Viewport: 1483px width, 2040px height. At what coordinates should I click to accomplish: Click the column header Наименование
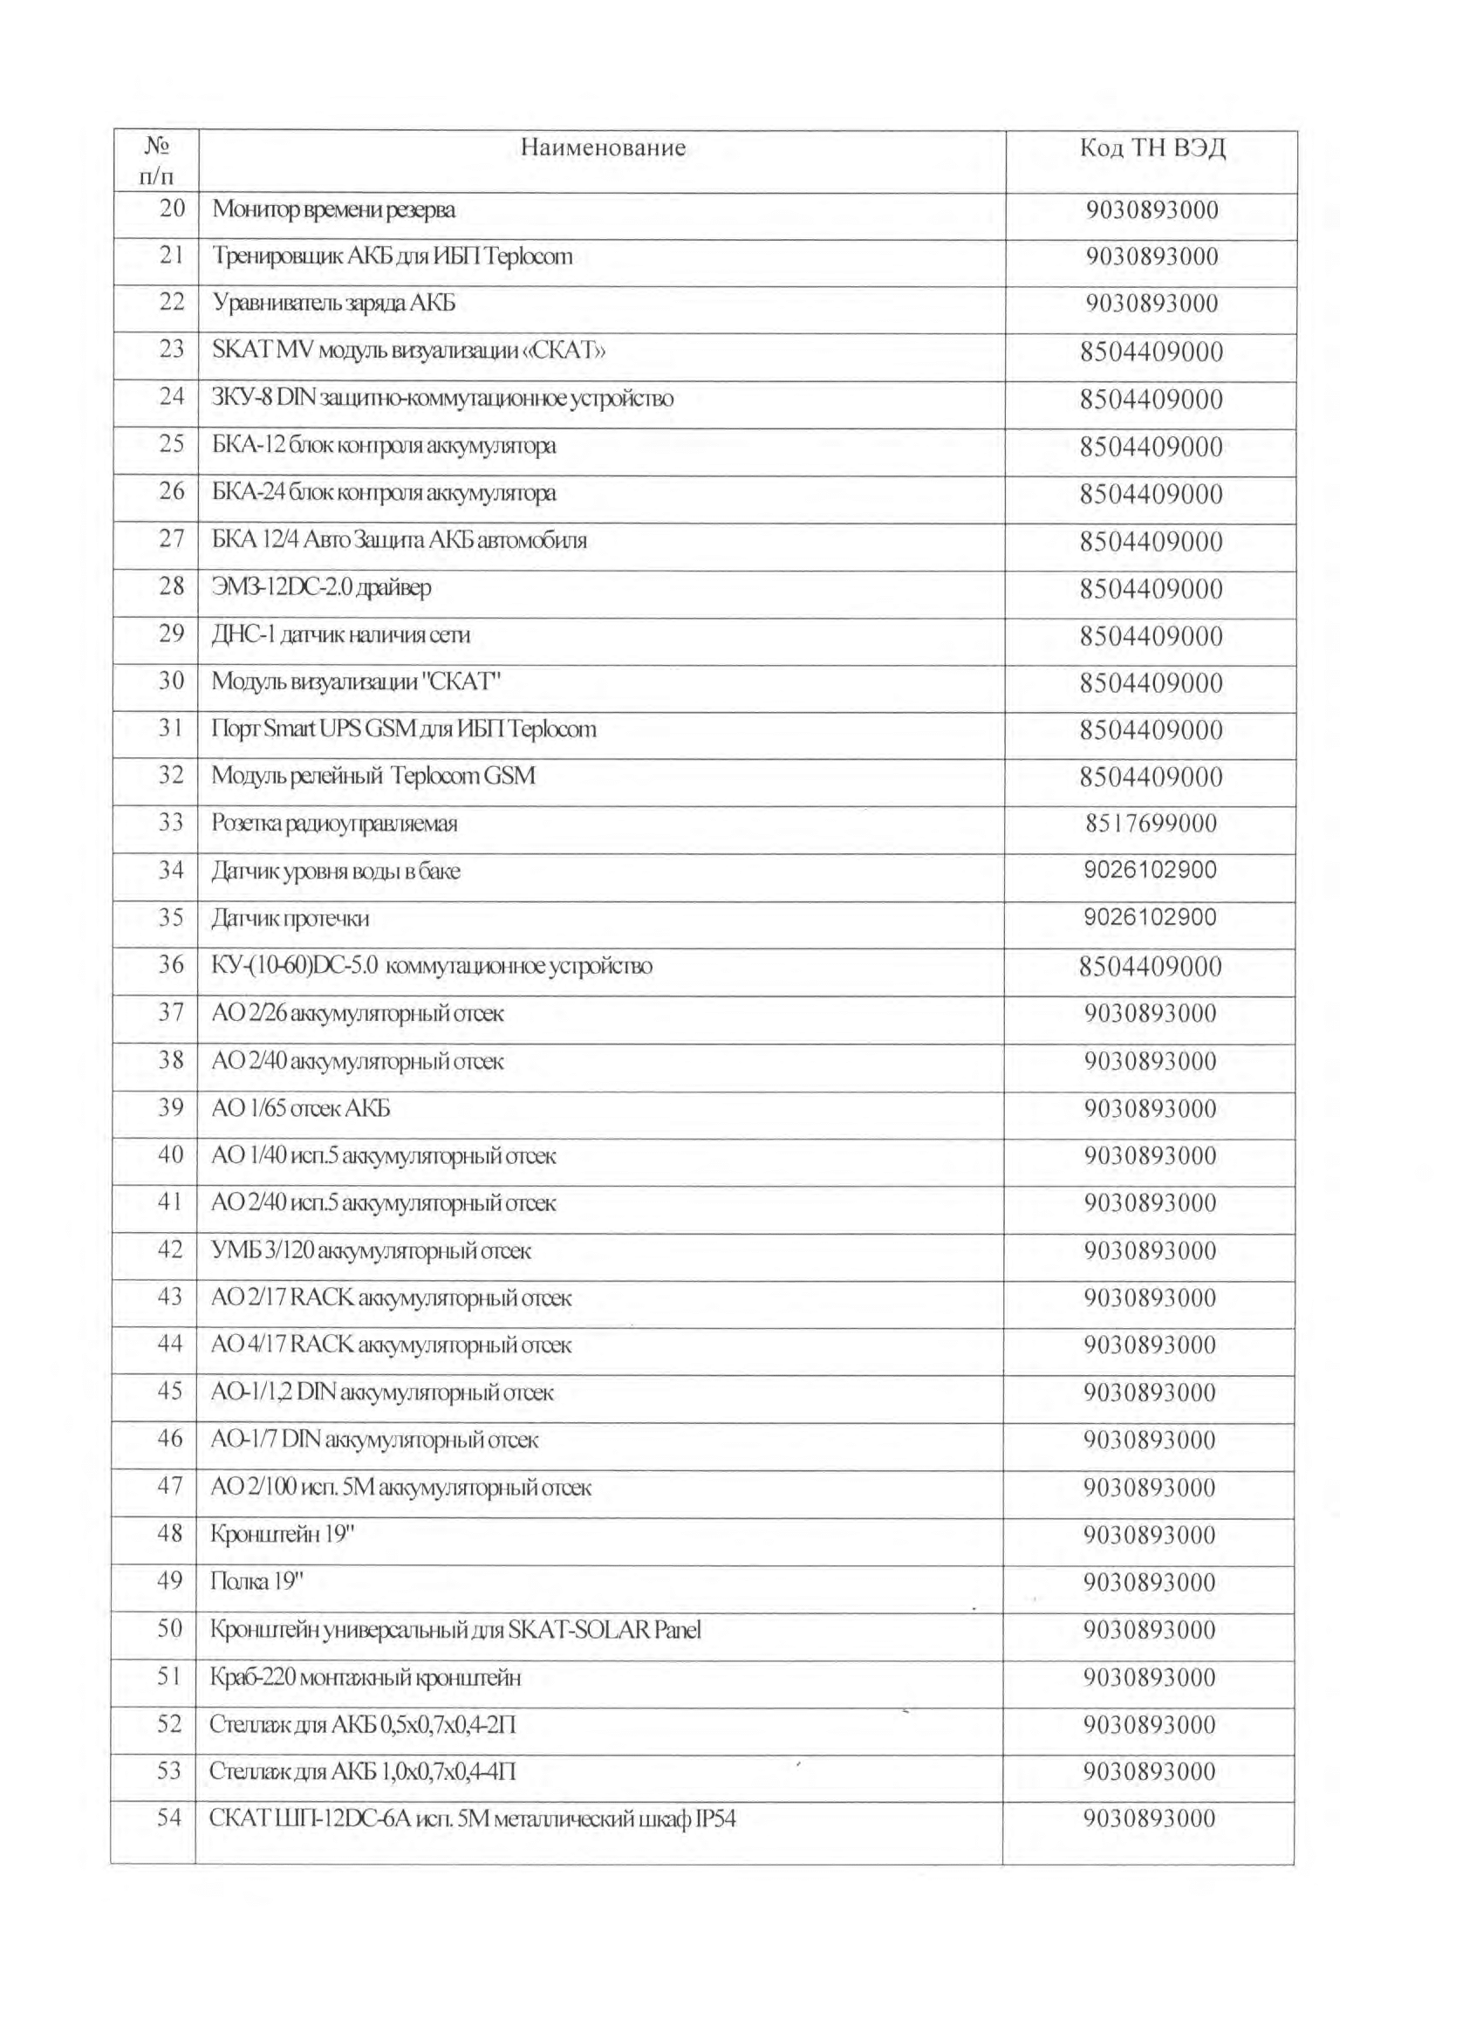pyautogui.click(x=603, y=148)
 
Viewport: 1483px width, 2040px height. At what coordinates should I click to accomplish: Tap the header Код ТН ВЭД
pyautogui.click(x=1152, y=148)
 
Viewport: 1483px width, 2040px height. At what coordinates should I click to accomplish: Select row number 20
pyautogui.click(x=171, y=209)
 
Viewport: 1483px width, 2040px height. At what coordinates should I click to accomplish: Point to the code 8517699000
pyautogui.click(x=1152, y=824)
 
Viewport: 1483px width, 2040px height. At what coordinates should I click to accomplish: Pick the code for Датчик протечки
pyautogui.click(x=1151, y=917)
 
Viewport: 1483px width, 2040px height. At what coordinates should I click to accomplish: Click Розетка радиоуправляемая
pyautogui.click(x=335, y=824)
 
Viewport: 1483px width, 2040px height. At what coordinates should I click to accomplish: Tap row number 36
pyautogui.click(x=171, y=965)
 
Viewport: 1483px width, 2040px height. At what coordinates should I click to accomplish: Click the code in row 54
pyautogui.click(x=1150, y=1818)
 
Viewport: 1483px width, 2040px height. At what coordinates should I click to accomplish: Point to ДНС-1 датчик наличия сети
pyautogui.click(x=341, y=635)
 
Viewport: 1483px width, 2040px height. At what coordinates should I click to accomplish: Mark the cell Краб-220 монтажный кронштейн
pyautogui.click(x=366, y=1677)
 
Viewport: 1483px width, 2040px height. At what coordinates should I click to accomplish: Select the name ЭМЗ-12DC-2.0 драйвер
pyautogui.click(x=321, y=587)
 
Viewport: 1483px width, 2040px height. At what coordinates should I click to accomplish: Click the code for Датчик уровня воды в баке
pyautogui.click(x=1151, y=870)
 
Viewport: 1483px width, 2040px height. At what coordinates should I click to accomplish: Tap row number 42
pyautogui.click(x=170, y=1249)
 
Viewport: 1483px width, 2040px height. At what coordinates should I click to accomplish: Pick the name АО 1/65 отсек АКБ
pyautogui.click(x=300, y=1108)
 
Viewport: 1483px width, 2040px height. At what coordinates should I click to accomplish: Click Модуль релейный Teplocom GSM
pyautogui.click(x=373, y=777)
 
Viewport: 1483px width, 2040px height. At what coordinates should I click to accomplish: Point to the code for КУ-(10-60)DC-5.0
pyautogui.click(x=1151, y=967)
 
